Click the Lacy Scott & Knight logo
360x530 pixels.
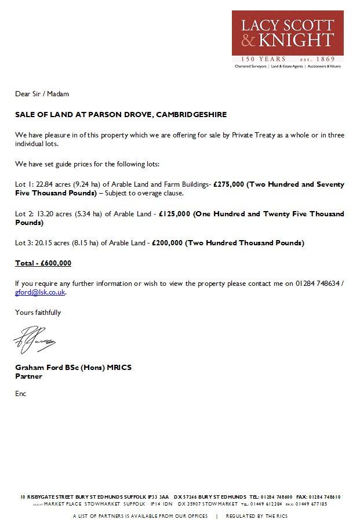(x=287, y=33)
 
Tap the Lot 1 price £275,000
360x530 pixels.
(x=231, y=184)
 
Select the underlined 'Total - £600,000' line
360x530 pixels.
(x=43, y=263)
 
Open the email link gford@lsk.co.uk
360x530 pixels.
(x=40, y=292)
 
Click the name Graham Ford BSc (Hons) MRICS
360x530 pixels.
(x=74, y=368)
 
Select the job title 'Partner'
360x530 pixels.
(x=28, y=376)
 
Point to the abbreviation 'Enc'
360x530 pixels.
(x=21, y=394)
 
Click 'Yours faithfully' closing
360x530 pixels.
(x=38, y=313)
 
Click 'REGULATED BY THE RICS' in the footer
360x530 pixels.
(x=256, y=516)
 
